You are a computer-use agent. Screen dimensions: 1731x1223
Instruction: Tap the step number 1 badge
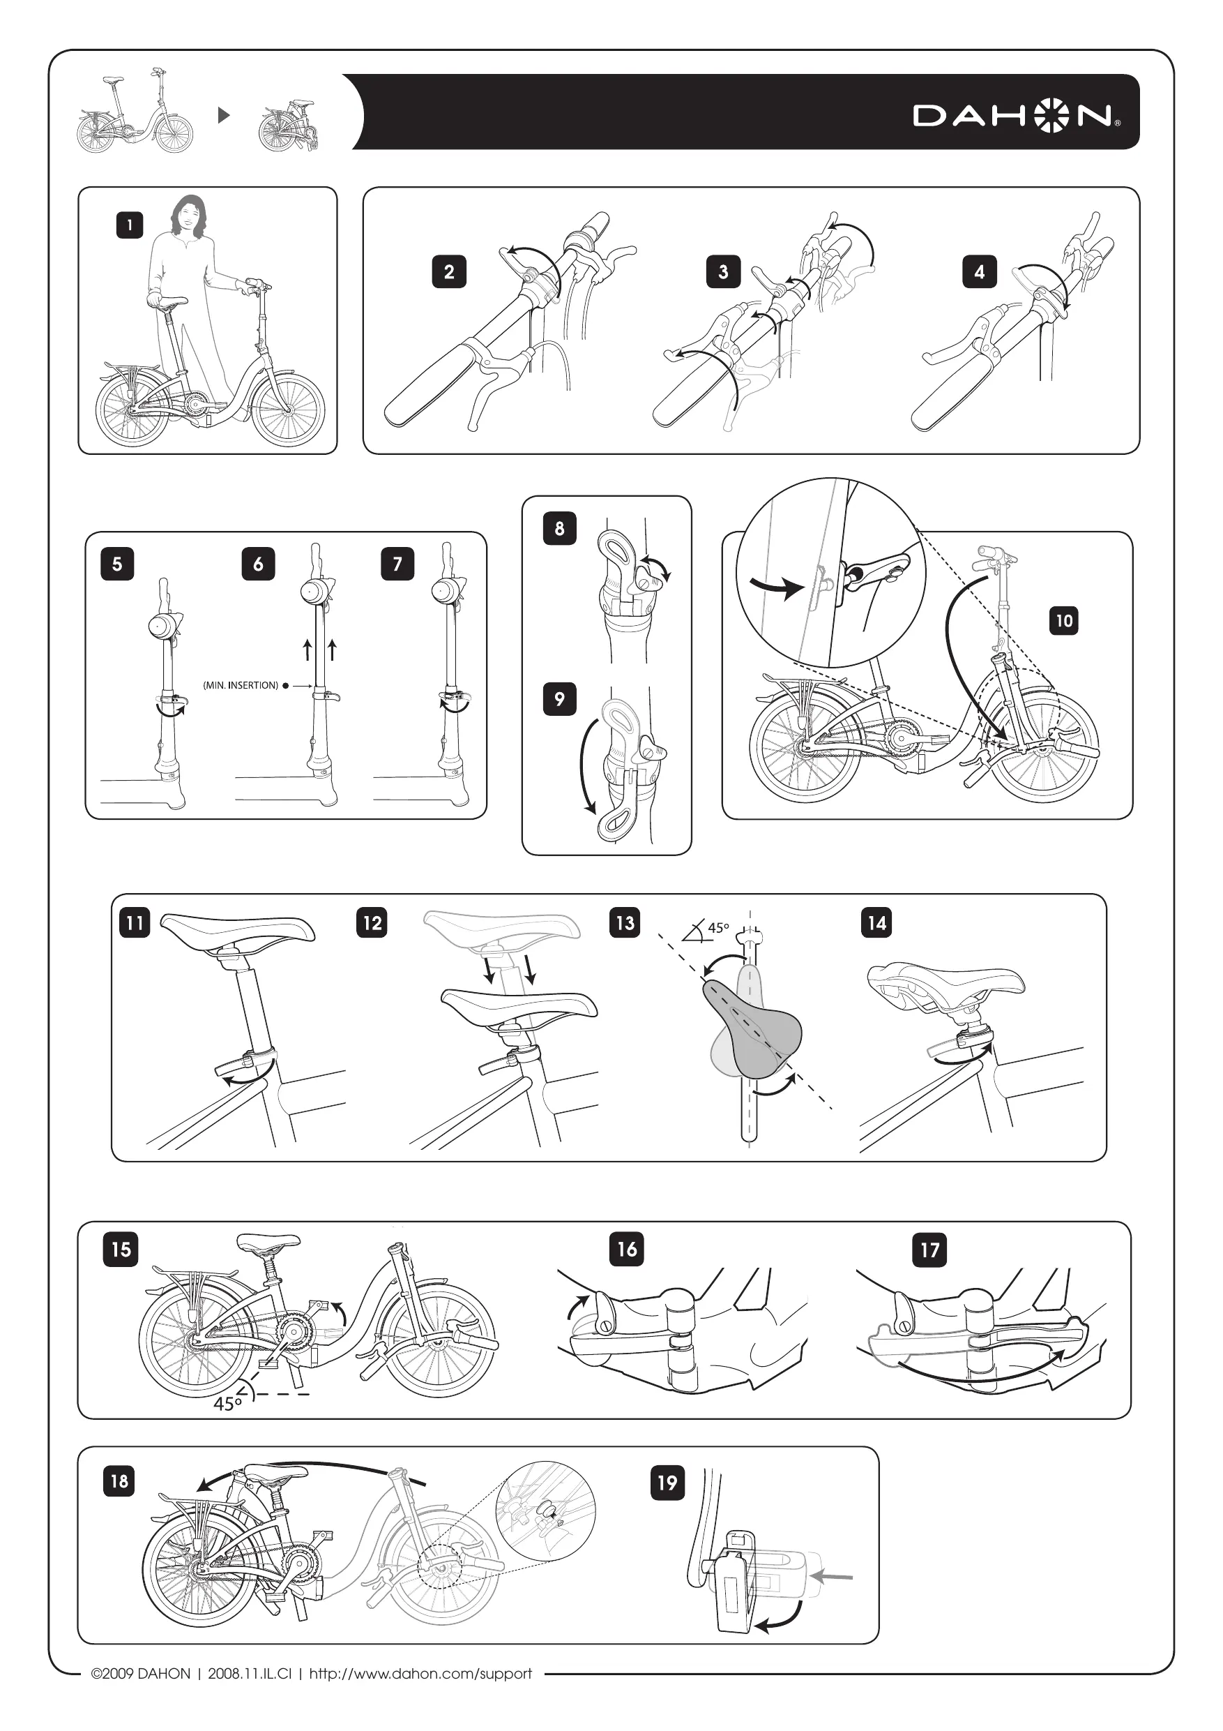[x=130, y=225]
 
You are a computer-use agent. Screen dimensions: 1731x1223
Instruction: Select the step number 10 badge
[x=1063, y=620]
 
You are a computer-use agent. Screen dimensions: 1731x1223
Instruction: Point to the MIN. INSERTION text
[x=241, y=685]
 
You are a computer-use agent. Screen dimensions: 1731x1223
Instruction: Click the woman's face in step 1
[x=187, y=217]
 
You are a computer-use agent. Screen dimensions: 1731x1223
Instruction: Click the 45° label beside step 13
[x=718, y=927]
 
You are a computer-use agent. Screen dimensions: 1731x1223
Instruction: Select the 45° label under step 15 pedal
[x=227, y=1403]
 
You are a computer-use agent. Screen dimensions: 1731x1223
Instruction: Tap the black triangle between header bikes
[x=223, y=115]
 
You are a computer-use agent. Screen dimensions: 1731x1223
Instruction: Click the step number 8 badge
[x=559, y=527]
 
